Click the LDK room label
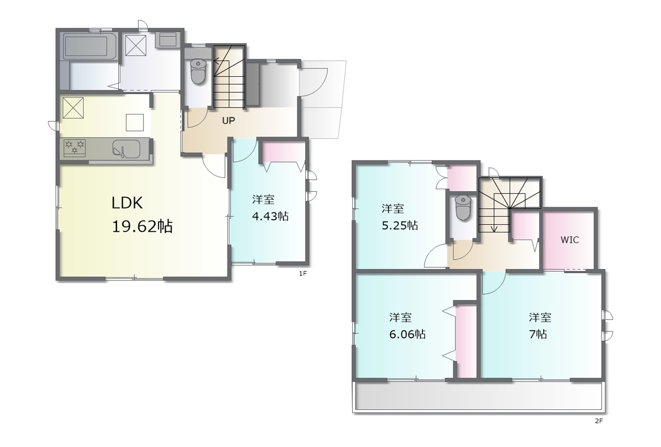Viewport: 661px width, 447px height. point(127,203)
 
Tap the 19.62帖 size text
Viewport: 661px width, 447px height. point(142,227)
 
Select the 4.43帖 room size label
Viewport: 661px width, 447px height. point(270,217)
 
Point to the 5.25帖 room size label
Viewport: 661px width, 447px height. point(400,226)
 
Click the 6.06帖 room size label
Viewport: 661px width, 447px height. point(407,335)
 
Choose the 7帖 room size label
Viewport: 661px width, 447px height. point(538,335)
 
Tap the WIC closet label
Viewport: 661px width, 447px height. point(570,240)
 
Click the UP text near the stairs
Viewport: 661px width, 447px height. point(228,121)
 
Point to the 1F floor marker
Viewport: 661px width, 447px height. point(303,273)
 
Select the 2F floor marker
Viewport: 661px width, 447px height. point(599,421)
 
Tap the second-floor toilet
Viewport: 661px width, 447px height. point(463,208)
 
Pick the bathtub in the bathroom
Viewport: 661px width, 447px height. point(86,46)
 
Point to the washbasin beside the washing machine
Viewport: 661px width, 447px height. point(168,40)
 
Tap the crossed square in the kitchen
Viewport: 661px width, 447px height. point(73,108)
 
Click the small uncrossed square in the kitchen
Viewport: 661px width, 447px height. point(135,122)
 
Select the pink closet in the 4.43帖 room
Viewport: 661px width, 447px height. point(284,152)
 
